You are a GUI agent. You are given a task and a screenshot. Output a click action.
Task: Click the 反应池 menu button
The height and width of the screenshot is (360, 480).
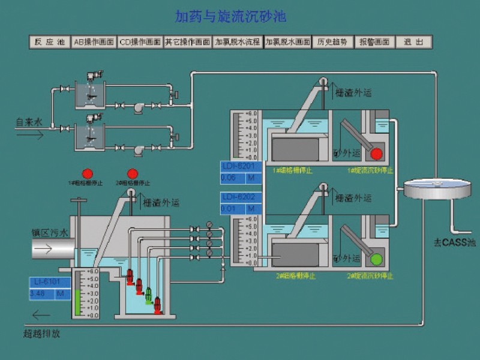point(49,42)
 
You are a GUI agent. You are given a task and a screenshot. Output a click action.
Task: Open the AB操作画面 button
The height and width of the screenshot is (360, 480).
point(94,42)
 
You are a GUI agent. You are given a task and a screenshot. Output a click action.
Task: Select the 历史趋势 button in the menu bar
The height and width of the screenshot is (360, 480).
point(332,42)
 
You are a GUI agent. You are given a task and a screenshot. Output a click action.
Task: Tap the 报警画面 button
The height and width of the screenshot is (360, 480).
point(374,42)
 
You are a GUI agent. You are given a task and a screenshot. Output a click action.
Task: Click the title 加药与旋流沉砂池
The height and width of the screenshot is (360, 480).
point(239,16)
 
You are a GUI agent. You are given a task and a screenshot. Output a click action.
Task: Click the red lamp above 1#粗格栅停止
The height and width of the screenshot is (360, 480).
point(88,173)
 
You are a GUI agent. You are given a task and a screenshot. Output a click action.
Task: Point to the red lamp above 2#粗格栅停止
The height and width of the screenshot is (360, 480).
point(131,173)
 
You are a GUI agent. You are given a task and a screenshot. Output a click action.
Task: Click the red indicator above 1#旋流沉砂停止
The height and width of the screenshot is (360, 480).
point(377,154)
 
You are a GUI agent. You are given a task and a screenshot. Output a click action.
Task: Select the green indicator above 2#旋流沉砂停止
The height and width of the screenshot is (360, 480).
point(377,260)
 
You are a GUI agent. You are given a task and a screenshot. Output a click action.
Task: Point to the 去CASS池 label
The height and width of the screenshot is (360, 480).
point(454,243)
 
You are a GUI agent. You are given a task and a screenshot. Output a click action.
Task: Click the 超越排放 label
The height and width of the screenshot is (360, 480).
point(42,333)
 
